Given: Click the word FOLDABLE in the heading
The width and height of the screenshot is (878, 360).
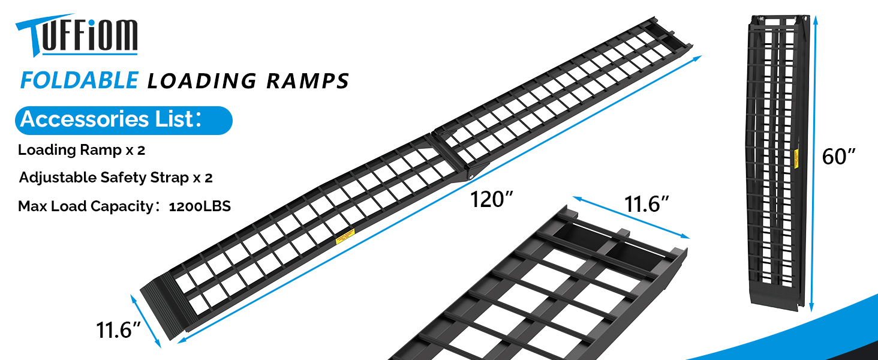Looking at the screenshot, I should tap(79, 80).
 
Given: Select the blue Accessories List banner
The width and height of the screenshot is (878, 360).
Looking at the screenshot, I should tap(123, 120).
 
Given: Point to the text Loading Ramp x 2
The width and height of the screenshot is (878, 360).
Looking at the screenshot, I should tap(82, 150).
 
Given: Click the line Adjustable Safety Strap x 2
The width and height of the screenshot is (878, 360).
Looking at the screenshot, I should tap(116, 178).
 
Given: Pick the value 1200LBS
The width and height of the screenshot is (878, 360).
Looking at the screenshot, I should tap(200, 207).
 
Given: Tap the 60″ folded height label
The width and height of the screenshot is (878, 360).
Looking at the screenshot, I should tap(838, 157).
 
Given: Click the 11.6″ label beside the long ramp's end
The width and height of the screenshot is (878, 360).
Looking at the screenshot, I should tap(118, 330).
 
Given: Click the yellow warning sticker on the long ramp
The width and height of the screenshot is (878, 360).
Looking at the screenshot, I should tap(344, 238).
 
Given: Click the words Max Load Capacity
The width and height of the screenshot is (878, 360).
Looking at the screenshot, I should tap(85, 207).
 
